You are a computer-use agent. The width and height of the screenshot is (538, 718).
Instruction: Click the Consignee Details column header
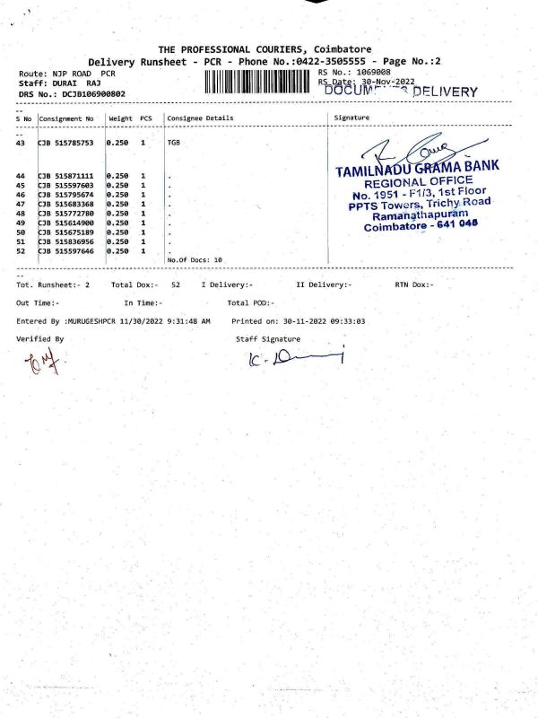tap(200, 118)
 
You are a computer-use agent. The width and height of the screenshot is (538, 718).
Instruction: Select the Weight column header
tap(120, 118)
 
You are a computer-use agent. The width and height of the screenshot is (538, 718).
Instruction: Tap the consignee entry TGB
tap(174, 143)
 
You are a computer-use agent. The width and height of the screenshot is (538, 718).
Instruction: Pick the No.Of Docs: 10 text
tap(195, 259)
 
